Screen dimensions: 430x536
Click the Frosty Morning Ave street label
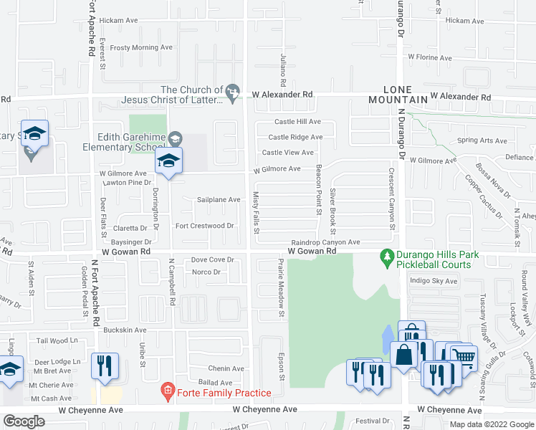click(x=142, y=47)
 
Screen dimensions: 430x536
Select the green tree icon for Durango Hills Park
click(x=387, y=256)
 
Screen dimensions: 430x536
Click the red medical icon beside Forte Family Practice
click(x=167, y=392)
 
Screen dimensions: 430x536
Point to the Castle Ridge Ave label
click(x=295, y=137)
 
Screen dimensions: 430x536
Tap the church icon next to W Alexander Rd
click(x=231, y=92)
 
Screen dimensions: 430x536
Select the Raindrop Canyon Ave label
click(x=325, y=243)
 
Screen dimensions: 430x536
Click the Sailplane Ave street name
click(x=219, y=200)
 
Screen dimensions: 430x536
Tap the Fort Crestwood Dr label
click(x=205, y=226)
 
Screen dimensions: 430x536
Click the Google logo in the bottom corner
click(x=24, y=421)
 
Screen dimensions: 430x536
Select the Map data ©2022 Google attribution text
click(x=492, y=424)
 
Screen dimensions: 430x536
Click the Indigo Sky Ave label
click(x=433, y=281)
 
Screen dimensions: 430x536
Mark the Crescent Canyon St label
click(x=393, y=199)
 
